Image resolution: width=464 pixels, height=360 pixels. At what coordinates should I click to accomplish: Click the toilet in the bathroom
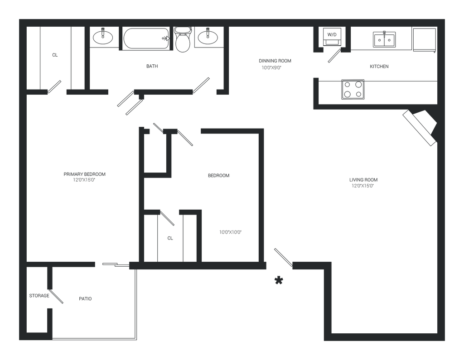pyautogui.click(x=183, y=41)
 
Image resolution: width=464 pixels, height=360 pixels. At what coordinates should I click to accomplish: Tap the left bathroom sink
pyautogui.click(x=103, y=37)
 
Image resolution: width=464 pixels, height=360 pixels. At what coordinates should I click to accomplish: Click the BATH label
pyautogui.click(x=152, y=67)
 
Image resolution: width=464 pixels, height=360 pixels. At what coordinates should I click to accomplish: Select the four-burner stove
pyautogui.click(x=353, y=89)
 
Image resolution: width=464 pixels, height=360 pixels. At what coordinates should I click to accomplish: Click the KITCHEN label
pyautogui.click(x=379, y=67)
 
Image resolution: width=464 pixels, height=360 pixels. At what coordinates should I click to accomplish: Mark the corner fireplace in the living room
pyautogui.click(x=420, y=127)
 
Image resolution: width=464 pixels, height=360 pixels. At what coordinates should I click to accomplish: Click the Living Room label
pyautogui.click(x=363, y=182)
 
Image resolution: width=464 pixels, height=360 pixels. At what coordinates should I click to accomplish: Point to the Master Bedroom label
pyautogui.click(x=85, y=176)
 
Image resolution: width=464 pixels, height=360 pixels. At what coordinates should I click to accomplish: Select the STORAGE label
pyautogui.click(x=39, y=296)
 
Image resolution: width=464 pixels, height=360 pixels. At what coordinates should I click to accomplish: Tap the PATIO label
pyautogui.click(x=86, y=299)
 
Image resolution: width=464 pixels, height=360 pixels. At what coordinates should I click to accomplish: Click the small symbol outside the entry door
pyautogui.click(x=278, y=280)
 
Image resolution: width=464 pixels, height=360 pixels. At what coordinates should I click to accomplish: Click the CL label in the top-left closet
pyautogui.click(x=55, y=56)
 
